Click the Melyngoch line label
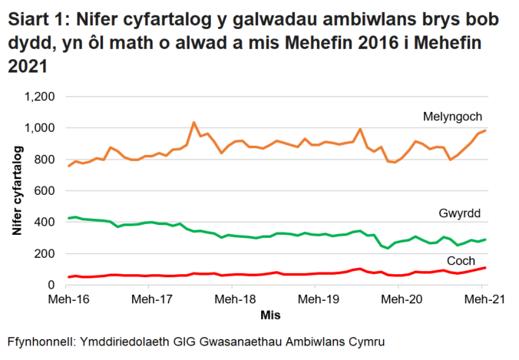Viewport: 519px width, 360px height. coord(452,117)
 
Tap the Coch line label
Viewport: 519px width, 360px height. coord(461,259)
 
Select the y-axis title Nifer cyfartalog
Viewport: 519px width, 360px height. coord(18,191)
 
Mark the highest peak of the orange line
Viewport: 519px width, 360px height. coord(193,122)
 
